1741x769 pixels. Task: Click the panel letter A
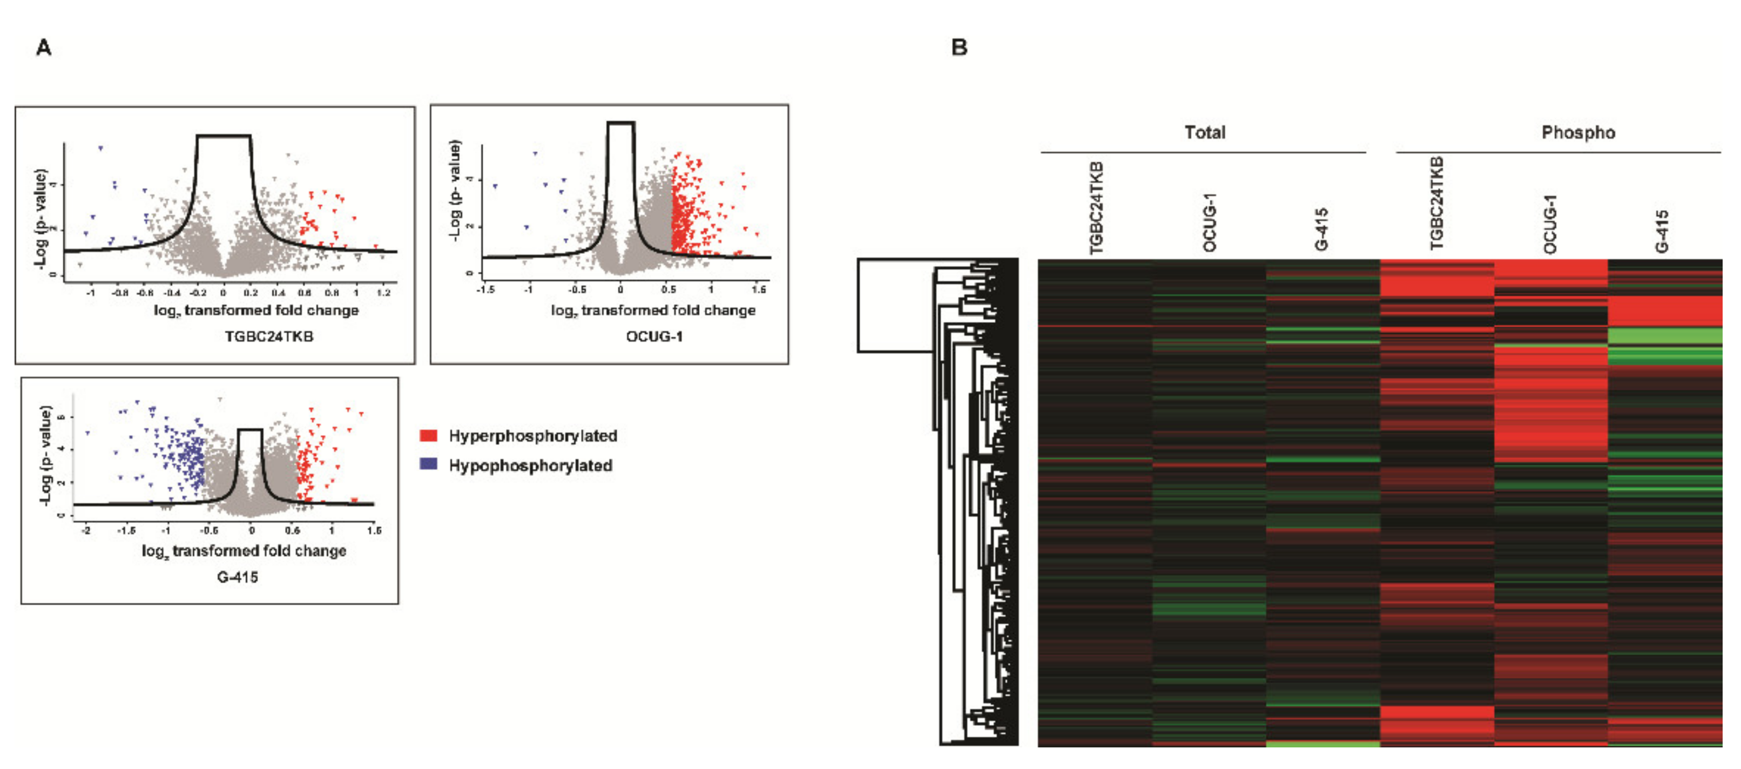[x=44, y=48]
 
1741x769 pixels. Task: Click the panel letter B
[x=959, y=48]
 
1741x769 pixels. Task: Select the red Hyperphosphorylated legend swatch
[x=428, y=435]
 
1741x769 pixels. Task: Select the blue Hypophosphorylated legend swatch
[x=428, y=464]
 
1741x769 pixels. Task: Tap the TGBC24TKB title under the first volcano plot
[x=269, y=336]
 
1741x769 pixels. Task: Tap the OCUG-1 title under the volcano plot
[x=654, y=336]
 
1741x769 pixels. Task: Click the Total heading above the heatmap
[x=1204, y=132]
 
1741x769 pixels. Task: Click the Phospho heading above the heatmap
[x=1578, y=132]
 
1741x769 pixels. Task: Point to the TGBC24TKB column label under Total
[x=1096, y=208]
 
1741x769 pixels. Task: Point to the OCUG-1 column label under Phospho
[x=1550, y=224]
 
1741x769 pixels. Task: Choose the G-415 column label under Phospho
[x=1662, y=231]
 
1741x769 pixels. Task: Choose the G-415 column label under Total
[x=1321, y=230]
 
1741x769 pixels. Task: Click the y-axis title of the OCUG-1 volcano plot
[x=455, y=190]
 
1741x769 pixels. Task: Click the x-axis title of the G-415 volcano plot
[x=244, y=551]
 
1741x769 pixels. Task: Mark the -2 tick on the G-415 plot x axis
[x=86, y=530]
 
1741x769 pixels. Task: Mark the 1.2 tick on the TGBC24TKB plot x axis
[x=383, y=293]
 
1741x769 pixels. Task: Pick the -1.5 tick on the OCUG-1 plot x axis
[x=485, y=289]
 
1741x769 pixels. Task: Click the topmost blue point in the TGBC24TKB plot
[x=100, y=148]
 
